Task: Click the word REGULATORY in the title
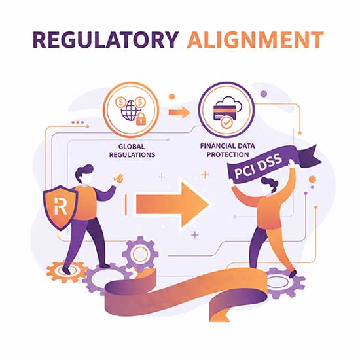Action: pyautogui.click(x=106, y=40)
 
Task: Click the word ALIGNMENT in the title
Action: pyautogui.click(x=255, y=40)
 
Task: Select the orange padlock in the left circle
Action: pyautogui.click(x=141, y=118)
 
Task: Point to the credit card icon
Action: pyautogui.click(x=225, y=113)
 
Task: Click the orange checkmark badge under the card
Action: pyautogui.click(x=226, y=123)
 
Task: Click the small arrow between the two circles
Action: pyautogui.click(x=179, y=113)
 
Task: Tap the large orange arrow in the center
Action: pyautogui.click(x=172, y=204)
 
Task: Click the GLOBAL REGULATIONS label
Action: pyautogui.click(x=132, y=151)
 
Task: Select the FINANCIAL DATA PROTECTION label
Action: pyautogui.click(x=228, y=150)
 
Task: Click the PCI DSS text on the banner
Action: pyautogui.click(x=258, y=166)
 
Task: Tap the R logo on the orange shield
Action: pyautogui.click(x=61, y=206)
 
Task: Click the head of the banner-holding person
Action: pyautogui.click(x=268, y=185)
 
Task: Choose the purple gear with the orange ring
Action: pyautogui.click(x=140, y=255)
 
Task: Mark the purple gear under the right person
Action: pyautogui.click(x=284, y=283)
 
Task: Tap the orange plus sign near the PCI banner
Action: pyautogui.click(x=205, y=175)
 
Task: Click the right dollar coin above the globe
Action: pyautogui.click(x=140, y=102)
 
